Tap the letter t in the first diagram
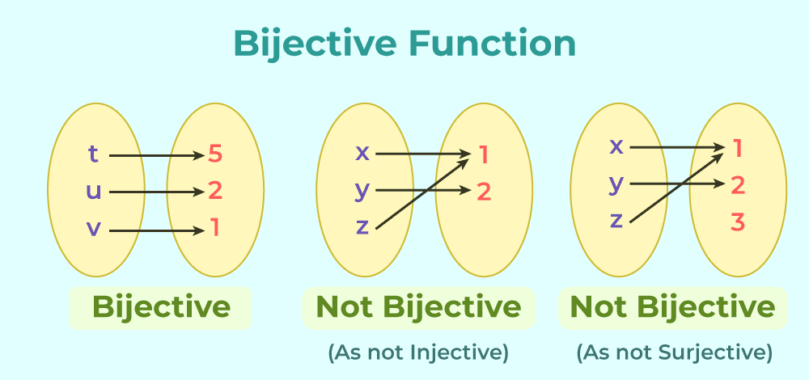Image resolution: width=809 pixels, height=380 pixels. (94, 154)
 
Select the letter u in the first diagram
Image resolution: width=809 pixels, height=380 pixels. (94, 192)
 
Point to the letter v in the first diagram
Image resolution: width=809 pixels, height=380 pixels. (94, 230)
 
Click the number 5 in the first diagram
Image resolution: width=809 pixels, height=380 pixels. (214, 154)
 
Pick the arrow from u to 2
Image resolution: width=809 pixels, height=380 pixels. (154, 192)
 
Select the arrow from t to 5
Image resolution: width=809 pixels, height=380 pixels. (154, 154)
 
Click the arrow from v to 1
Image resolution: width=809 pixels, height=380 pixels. (154, 230)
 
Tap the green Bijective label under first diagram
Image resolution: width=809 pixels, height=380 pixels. (161, 307)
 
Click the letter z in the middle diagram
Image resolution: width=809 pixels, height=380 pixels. (362, 227)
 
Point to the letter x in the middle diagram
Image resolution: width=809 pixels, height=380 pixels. (362, 153)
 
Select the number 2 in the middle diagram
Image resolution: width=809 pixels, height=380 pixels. (484, 192)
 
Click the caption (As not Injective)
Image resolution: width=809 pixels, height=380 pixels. (417, 353)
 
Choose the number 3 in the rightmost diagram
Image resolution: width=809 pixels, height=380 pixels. (737, 222)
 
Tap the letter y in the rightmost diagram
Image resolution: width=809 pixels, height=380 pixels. (616, 184)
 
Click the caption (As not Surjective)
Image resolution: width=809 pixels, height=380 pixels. (674, 353)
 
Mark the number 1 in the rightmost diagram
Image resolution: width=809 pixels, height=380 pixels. (737, 148)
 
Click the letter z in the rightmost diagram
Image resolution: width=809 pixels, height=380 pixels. (616, 220)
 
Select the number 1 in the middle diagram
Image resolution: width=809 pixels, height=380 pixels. (484, 154)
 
